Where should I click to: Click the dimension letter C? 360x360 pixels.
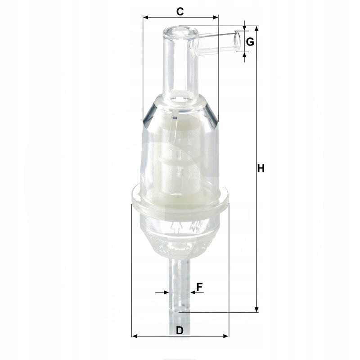click(x=180, y=10)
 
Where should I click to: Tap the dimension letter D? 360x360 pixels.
click(x=180, y=330)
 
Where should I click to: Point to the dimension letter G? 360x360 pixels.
click(x=251, y=42)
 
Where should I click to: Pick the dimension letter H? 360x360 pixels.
click(x=261, y=169)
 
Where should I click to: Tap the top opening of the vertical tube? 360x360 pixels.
click(x=180, y=32)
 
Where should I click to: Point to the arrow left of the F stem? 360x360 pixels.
click(x=165, y=292)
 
